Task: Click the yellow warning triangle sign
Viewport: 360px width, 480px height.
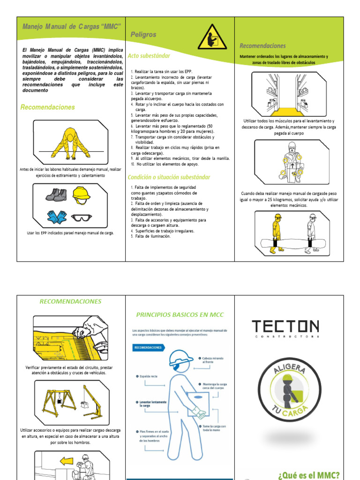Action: click(212, 37)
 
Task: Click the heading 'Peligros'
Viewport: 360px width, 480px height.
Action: click(143, 35)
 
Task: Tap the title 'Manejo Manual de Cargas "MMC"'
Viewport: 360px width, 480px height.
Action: click(72, 25)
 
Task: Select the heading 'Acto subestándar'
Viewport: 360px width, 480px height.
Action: click(149, 56)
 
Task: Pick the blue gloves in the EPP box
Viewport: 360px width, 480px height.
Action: click(57, 217)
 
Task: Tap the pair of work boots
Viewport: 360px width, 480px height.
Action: click(56, 194)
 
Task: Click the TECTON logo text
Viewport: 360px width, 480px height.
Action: click(285, 327)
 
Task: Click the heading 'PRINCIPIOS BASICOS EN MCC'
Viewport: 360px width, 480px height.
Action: click(180, 315)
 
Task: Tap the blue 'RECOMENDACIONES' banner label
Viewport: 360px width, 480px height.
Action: click(148, 348)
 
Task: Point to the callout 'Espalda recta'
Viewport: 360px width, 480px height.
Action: click(149, 376)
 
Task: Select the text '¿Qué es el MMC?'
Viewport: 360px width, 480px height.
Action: click(308, 474)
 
